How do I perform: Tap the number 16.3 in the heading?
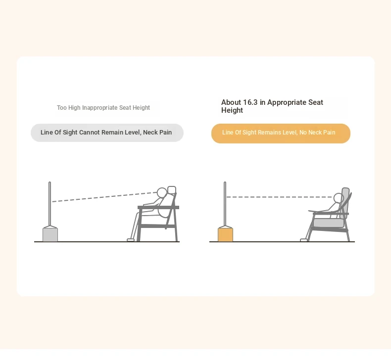coord(250,102)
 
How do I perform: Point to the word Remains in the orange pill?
coord(267,133)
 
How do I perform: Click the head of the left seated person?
coord(162,192)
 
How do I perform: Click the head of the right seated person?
coord(339,198)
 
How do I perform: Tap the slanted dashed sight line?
coord(104,197)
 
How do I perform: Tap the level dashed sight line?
coord(279,197)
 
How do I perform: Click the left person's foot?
coord(131,240)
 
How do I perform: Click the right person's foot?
coord(303,240)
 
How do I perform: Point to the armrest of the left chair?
coord(158,207)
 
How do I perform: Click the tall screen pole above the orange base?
coord(225,204)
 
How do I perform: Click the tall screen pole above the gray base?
coord(49,204)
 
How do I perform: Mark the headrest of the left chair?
coord(172,190)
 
